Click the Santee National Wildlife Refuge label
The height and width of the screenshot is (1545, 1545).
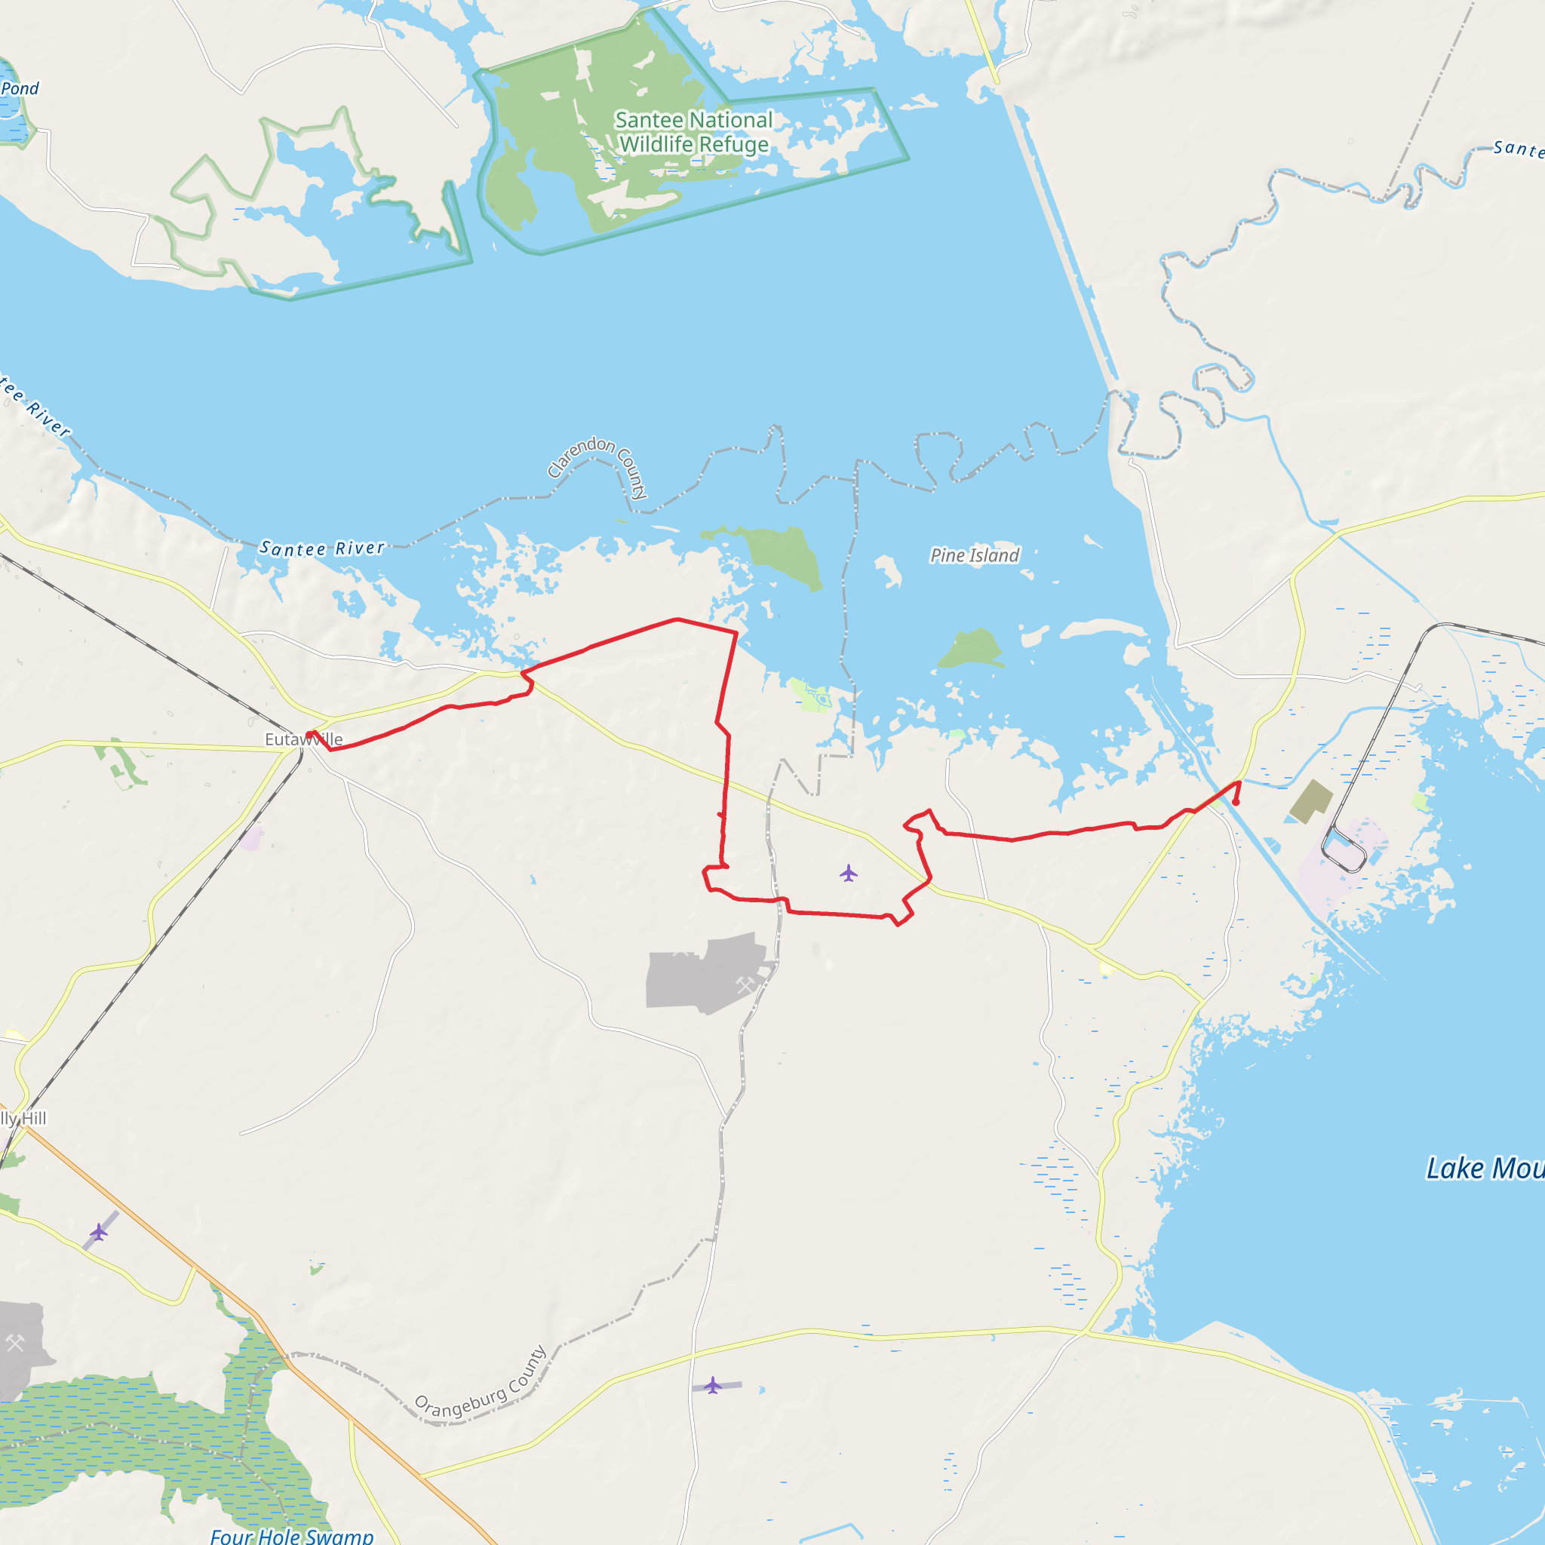click(x=693, y=132)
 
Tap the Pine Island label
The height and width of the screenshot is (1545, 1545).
click(x=974, y=555)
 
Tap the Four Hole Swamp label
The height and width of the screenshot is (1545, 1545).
click(x=291, y=1535)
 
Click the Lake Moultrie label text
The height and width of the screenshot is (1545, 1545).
click(x=1484, y=1169)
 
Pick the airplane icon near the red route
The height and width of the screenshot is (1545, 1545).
click(x=849, y=873)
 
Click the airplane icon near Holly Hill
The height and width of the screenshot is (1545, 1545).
click(x=98, y=1233)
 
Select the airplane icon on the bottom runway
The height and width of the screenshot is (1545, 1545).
click(x=712, y=1384)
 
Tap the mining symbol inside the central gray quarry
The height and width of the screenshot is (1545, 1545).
click(x=745, y=985)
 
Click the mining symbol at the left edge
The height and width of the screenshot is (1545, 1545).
click(x=15, y=1343)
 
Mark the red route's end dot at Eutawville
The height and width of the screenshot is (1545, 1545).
click(x=309, y=735)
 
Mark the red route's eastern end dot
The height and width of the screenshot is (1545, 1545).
click(x=1236, y=802)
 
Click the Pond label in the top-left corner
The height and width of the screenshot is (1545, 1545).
click(x=20, y=88)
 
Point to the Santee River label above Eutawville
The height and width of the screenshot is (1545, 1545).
click(x=322, y=548)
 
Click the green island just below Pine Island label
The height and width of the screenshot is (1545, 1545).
click(x=971, y=650)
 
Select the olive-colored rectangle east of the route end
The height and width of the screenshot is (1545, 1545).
click(x=1311, y=801)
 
